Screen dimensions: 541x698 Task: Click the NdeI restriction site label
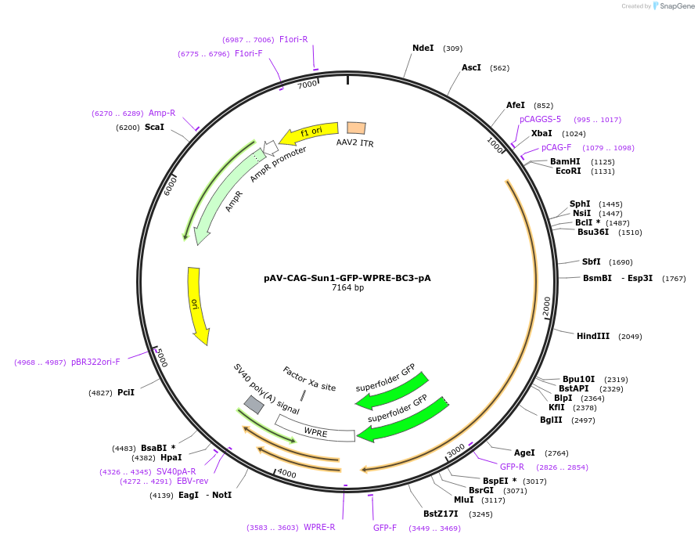pyautogui.click(x=423, y=48)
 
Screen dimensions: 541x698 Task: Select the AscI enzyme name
pyautogui.click(x=471, y=67)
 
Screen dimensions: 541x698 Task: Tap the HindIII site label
pyautogui.click(x=593, y=336)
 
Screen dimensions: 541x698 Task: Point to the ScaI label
pyautogui.click(x=154, y=127)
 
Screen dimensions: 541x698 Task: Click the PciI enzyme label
pyautogui.click(x=126, y=392)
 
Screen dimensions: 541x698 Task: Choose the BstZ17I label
pyautogui.click(x=441, y=514)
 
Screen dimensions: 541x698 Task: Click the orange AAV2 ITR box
pyautogui.click(x=356, y=128)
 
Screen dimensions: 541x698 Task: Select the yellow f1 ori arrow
pyautogui.click(x=309, y=134)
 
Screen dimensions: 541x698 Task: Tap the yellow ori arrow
pyautogui.click(x=198, y=305)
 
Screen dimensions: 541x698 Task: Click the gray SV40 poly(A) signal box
pyautogui.click(x=254, y=404)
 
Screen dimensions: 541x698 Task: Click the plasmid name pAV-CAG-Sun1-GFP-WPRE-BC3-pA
pyautogui.click(x=347, y=277)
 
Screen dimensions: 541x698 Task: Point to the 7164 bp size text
pyautogui.click(x=347, y=288)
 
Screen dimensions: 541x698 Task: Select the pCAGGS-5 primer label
pyautogui.click(x=540, y=119)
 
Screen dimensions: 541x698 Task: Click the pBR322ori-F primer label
pyautogui.click(x=95, y=362)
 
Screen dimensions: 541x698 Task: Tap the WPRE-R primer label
pyautogui.click(x=319, y=527)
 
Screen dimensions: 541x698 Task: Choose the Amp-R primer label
pyautogui.click(x=162, y=113)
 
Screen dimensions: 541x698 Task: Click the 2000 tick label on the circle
pyautogui.click(x=546, y=306)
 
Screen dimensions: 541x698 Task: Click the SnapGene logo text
pyautogui.click(x=677, y=6)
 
